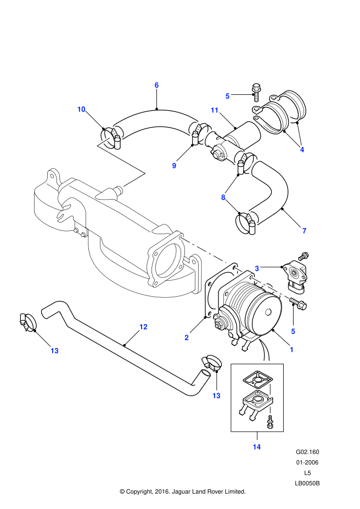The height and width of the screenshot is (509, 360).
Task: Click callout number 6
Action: pyautogui.click(x=156, y=85)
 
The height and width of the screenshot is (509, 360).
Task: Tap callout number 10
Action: pyautogui.click(x=81, y=109)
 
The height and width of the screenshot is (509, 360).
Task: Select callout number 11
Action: pyautogui.click(x=215, y=110)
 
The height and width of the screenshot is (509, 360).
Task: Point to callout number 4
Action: pyautogui.click(x=302, y=150)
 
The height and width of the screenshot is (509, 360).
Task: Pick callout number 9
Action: pyautogui.click(x=174, y=166)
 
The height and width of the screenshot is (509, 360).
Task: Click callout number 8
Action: pyautogui.click(x=223, y=197)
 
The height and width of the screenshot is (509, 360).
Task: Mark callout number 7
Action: pyautogui.click(x=304, y=231)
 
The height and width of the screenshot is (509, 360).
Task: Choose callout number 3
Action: pyautogui.click(x=257, y=268)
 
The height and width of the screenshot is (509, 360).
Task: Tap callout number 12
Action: pyautogui.click(x=143, y=327)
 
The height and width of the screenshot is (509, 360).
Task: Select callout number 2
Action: pyautogui.click(x=187, y=338)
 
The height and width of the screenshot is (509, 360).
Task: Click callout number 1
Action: pyautogui.click(x=292, y=349)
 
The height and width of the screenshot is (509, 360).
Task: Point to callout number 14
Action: pyautogui.click(x=257, y=447)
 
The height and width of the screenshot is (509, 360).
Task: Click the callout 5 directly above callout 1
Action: pyautogui.click(x=293, y=331)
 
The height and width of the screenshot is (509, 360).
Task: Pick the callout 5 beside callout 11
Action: pyautogui.click(x=227, y=96)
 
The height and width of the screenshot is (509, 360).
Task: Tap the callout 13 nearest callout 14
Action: pyautogui.click(x=216, y=395)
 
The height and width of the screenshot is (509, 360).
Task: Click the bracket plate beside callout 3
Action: pyautogui.click(x=233, y=296)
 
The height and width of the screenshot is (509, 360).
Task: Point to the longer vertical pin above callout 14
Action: pyautogui.click(x=270, y=391)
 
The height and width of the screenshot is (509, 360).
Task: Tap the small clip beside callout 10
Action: pyautogui.click(x=115, y=134)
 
